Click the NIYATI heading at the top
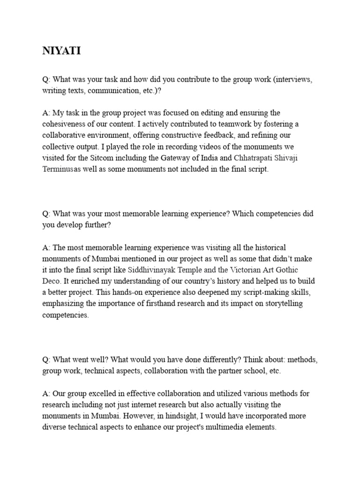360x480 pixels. click(61, 51)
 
